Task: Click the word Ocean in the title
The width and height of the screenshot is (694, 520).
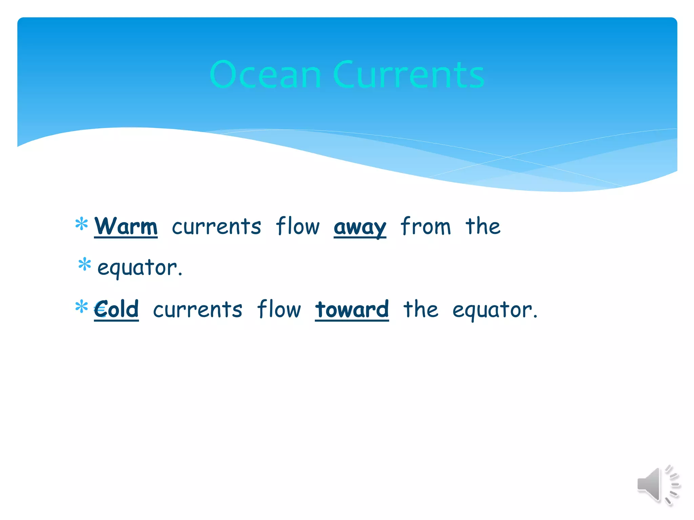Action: point(265,75)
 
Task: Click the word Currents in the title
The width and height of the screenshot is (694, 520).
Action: point(409,75)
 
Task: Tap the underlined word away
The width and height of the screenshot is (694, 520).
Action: point(360,227)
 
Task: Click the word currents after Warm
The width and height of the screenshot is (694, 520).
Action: point(217,227)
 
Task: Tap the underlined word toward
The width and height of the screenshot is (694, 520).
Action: point(352,309)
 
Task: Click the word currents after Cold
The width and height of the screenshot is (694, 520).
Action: point(198,310)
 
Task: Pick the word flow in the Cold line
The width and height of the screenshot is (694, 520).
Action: point(279,309)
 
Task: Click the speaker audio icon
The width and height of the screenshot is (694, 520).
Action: point(658,485)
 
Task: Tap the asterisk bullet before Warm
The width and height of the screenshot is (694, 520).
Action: point(82,224)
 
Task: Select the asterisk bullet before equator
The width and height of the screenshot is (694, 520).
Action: point(84,264)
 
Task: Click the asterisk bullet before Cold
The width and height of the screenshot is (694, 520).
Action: point(82,306)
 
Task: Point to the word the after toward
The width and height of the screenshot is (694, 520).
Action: point(421,309)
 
